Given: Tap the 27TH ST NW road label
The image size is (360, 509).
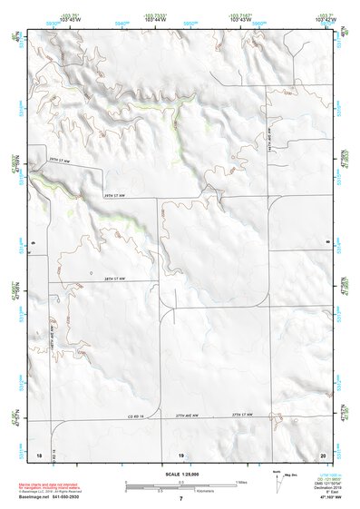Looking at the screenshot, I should (240, 415).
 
